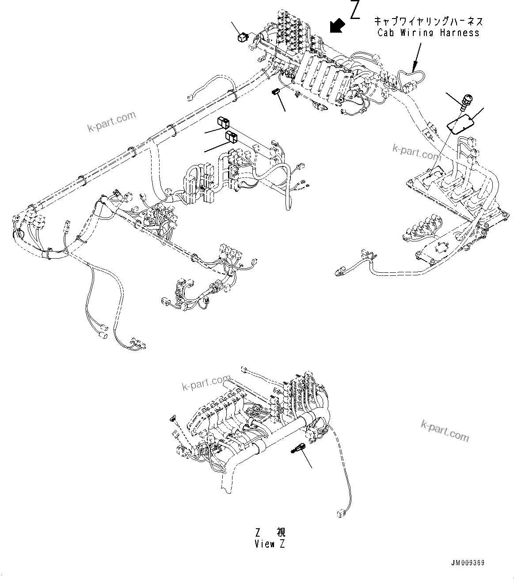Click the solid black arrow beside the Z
337,25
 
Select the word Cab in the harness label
387,33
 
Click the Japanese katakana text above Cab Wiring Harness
428,21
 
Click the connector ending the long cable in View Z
340,513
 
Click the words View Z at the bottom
270,544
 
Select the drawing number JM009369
468,564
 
